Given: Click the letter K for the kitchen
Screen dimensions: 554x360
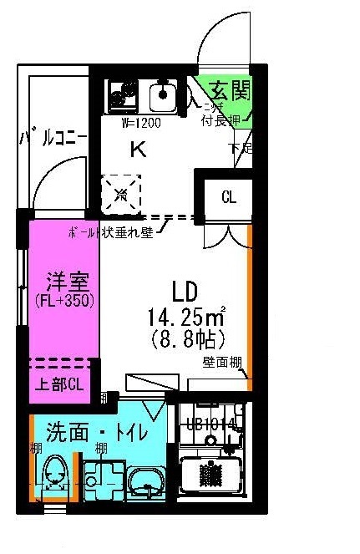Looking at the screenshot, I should tap(137, 150).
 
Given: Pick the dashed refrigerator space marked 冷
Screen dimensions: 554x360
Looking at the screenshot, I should tap(122, 195).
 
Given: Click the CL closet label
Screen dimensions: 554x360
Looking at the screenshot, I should tap(228, 197).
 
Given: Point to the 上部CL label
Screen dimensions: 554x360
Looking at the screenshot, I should tap(58, 385).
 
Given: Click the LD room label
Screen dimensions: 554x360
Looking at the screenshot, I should tap(184, 292).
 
